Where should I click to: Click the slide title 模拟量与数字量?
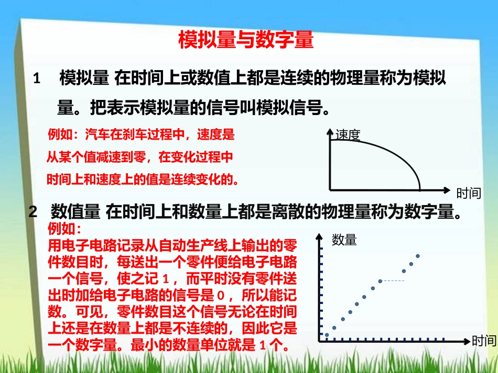point(246,40)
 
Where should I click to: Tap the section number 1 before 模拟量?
point(37,80)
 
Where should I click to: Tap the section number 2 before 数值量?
point(33,212)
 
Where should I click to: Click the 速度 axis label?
point(348,135)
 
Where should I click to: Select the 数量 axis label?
point(344,240)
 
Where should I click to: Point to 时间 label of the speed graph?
point(468,194)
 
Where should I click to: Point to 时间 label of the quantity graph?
point(483,341)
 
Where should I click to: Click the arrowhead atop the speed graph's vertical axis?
point(330,131)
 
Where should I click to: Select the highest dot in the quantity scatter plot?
point(418,256)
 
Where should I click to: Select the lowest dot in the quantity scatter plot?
point(327,335)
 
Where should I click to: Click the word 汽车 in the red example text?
point(96,135)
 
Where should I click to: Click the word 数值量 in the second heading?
point(75,212)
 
